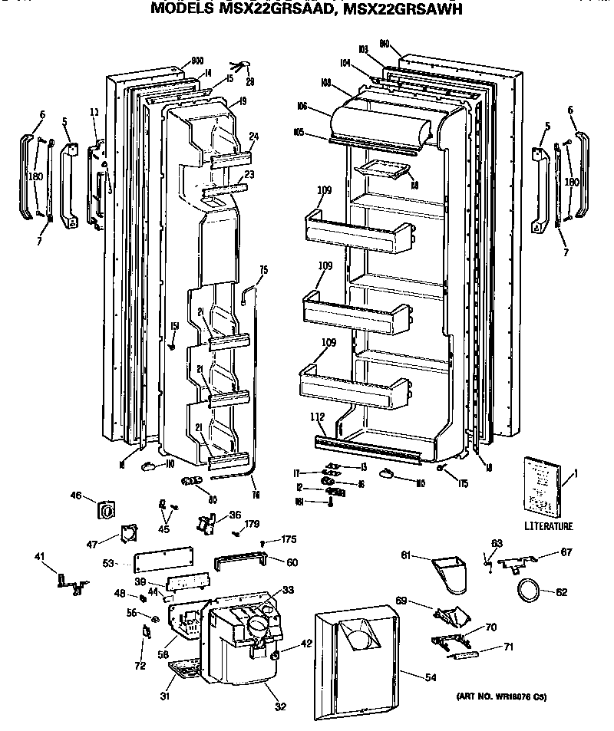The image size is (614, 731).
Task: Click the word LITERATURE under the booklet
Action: coord(549,526)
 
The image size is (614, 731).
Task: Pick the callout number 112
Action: coord(318,417)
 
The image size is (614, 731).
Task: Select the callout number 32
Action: coord(281,706)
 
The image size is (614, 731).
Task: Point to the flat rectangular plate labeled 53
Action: coord(162,560)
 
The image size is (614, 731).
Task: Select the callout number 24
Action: coord(253,137)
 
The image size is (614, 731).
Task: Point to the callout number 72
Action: coord(139,666)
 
